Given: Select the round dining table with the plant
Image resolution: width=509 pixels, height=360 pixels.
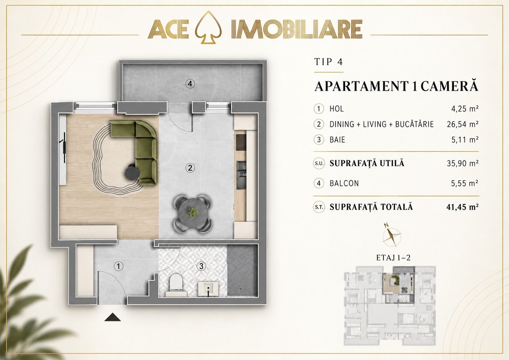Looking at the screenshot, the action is tap(192, 213).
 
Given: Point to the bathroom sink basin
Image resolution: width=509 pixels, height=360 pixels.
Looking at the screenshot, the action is tap(208, 289).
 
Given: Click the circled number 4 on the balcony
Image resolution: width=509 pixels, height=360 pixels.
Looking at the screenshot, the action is tap(190, 84).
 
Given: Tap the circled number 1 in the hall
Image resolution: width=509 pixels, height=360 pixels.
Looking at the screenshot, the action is tap(118, 266).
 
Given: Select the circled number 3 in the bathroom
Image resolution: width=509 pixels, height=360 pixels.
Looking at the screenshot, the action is tap(201, 266).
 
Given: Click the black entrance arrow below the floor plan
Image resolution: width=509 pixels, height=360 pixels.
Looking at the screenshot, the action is tap(112, 317).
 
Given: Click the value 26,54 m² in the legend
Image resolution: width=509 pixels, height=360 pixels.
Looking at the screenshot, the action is tap(463, 124).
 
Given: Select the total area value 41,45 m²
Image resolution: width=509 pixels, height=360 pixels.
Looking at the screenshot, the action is tap(463, 207).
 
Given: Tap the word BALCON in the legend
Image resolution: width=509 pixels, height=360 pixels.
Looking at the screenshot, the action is tap(344, 183).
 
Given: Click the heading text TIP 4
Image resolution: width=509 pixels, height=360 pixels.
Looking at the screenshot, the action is tap(328, 62).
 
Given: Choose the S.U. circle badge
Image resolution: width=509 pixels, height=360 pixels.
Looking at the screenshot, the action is tap(319, 163).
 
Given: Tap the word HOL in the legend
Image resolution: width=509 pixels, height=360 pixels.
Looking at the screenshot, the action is tap(337, 109).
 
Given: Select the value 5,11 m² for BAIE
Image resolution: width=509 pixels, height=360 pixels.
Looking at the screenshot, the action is tap(465, 140).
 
